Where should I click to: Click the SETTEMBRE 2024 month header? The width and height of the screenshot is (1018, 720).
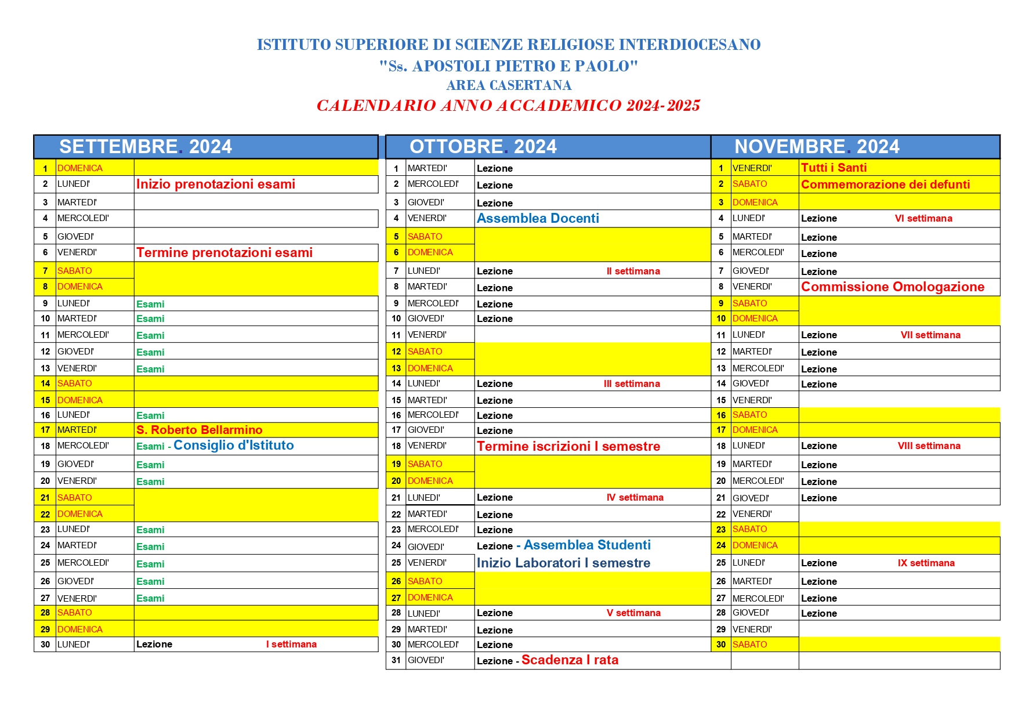(x=146, y=147)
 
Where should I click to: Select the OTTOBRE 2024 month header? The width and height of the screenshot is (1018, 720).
(x=483, y=147)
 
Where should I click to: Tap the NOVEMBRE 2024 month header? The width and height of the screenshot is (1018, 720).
(x=817, y=147)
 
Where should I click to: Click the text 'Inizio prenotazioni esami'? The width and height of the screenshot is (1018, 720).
(x=216, y=184)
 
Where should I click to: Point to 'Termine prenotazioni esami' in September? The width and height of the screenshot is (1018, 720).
(x=224, y=253)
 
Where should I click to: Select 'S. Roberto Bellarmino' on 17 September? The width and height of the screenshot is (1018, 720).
(x=200, y=430)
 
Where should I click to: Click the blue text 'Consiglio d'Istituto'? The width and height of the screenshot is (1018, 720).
(x=234, y=446)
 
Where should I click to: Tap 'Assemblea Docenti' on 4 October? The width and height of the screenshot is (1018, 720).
(x=538, y=219)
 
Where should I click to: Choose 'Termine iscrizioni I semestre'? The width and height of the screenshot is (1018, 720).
(x=568, y=446)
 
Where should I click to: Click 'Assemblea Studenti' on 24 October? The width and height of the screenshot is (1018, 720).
(x=587, y=545)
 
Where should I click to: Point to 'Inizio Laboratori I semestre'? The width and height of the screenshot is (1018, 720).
(x=563, y=563)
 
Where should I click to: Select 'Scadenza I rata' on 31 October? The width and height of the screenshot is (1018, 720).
(x=570, y=660)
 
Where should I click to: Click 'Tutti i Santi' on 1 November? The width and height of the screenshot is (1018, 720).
(x=834, y=168)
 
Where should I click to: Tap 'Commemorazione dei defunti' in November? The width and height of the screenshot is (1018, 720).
(x=885, y=184)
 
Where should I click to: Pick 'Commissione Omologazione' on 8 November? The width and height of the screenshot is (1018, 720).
(x=893, y=287)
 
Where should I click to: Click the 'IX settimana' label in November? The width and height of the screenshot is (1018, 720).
(x=926, y=563)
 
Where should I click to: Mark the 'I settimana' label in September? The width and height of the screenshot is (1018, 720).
(x=291, y=645)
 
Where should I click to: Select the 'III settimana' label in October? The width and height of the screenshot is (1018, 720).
(x=632, y=384)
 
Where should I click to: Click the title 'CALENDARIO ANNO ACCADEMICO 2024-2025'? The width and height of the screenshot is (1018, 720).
(x=508, y=106)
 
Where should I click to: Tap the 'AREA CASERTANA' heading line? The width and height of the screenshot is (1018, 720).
(x=509, y=85)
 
